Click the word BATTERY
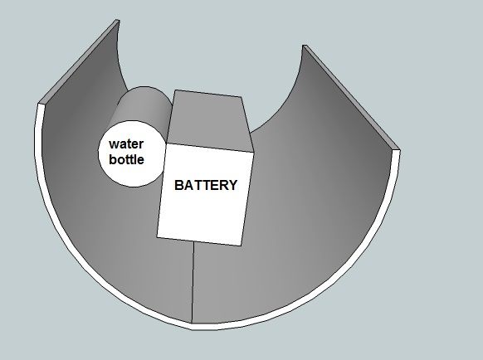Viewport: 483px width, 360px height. pyautogui.click(x=206, y=185)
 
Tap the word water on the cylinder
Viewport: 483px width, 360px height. pyautogui.click(x=126, y=144)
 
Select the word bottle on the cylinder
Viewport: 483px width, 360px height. pyautogui.click(x=127, y=159)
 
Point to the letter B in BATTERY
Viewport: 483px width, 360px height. pyautogui.click(x=179, y=185)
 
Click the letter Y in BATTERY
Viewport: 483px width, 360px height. pyautogui.click(x=232, y=185)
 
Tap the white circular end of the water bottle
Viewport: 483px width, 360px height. pyautogui.click(x=133, y=153)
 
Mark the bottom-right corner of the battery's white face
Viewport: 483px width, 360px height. pyautogui.click(x=241, y=246)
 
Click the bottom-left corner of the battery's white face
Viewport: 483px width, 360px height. pyautogui.click(x=157, y=236)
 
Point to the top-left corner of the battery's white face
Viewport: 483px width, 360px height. pyautogui.click(x=166, y=144)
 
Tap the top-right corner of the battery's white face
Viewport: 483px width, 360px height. pyautogui.click(x=253, y=152)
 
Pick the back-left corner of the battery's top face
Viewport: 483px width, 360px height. pyautogui.click(x=175, y=90)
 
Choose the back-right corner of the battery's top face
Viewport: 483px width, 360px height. pyautogui.click(x=242, y=97)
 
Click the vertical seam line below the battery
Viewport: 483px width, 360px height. pyautogui.click(x=193, y=282)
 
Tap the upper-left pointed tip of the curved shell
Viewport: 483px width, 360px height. pyautogui.click(x=117, y=21)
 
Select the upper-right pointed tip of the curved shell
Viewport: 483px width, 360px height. pyautogui.click(x=304, y=46)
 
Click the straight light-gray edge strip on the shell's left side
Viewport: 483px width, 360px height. pyautogui.click(x=78, y=61)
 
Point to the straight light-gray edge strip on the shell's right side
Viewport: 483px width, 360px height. pyautogui.click(x=351, y=97)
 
